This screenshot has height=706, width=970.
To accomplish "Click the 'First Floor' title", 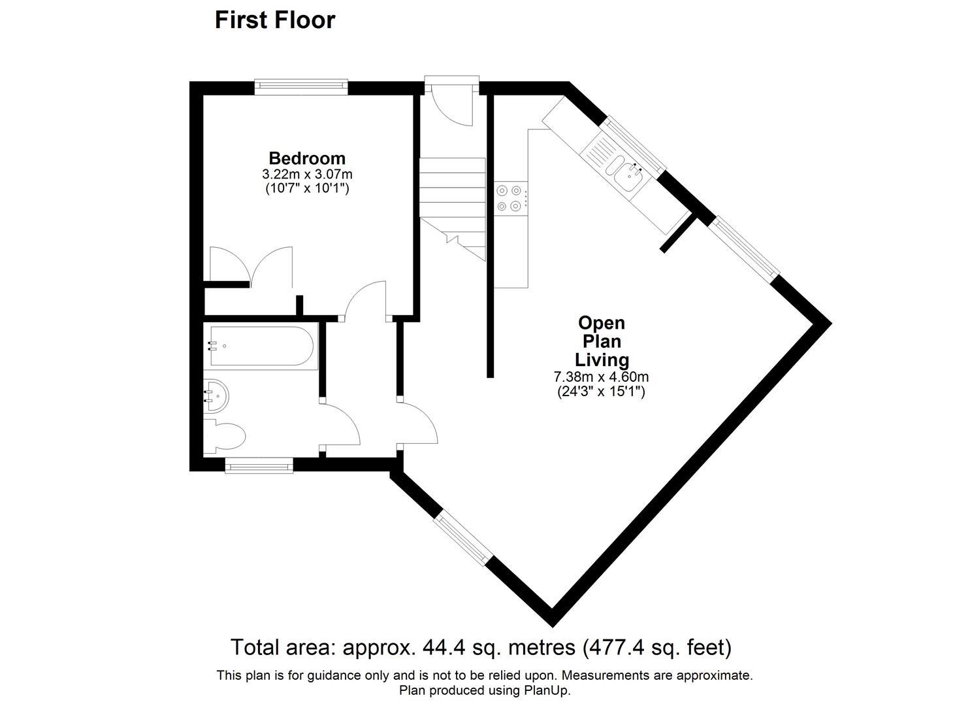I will pos(275,20).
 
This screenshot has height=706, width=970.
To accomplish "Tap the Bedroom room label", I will pos(307,158).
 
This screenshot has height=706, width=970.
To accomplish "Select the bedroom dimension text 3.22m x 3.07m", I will pos(307,175).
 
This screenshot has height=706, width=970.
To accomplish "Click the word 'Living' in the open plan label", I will pos(602,360).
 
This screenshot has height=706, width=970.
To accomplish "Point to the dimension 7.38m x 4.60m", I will pos(601,377).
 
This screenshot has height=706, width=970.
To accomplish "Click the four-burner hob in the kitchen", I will pos(509,198).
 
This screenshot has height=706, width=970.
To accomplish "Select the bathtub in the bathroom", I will pos(261,345).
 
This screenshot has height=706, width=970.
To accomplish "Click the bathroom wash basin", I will pos(215,395).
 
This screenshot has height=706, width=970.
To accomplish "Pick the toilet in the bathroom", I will pos(223,435).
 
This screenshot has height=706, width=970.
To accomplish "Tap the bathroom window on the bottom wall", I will pos(259,465).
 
